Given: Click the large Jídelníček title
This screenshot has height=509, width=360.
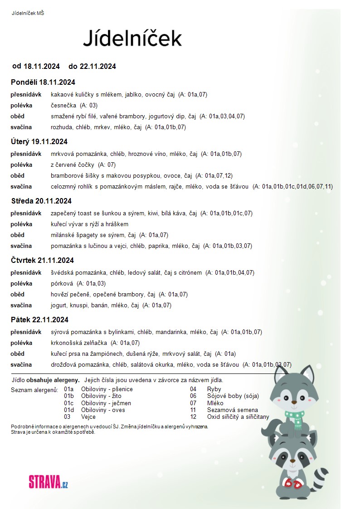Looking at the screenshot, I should [x=132, y=39].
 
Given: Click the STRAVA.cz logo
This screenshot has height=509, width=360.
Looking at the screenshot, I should [x=48, y=481].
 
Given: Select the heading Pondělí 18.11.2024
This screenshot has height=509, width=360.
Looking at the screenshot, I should [x=43, y=82].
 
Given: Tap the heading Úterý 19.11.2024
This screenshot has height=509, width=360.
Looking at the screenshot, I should [x=39, y=141].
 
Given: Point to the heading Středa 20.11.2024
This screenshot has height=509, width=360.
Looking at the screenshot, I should [x=41, y=201].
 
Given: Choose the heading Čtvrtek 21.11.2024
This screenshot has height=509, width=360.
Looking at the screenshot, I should [x=42, y=260].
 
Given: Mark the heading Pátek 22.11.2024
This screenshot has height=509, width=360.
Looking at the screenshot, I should [x=39, y=320].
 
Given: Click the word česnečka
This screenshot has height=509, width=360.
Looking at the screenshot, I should [x=63, y=105].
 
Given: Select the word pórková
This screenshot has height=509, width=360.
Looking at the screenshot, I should [x=62, y=283].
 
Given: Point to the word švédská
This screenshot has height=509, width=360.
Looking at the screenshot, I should [x=63, y=272].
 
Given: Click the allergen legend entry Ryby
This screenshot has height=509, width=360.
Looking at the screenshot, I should [x=214, y=389].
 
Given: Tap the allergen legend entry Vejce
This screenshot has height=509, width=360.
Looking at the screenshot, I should [x=88, y=417].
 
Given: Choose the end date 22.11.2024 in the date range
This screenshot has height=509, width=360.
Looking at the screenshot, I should [x=97, y=66].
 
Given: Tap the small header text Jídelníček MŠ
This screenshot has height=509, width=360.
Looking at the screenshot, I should [x=28, y=13].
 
